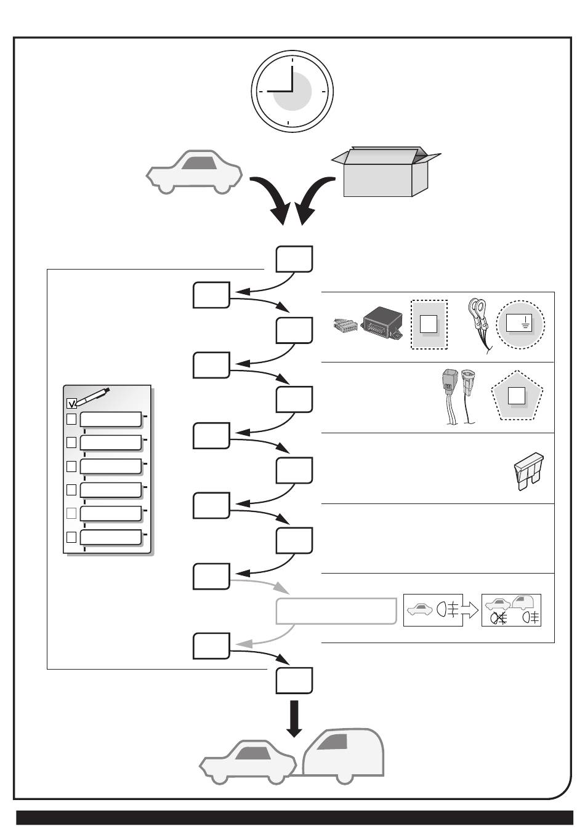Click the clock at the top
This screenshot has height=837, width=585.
click(292, 91)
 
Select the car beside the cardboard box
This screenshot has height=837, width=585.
click(194, 172)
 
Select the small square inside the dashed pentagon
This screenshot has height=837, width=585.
click(515, 396)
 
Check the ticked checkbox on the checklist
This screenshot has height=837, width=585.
click(71, 404)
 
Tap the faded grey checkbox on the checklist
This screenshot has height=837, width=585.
click(71, 513)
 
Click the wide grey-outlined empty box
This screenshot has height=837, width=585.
click(336, 611)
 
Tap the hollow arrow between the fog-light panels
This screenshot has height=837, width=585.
click(470, 610)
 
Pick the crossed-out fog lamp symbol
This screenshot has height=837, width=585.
click(498, 618)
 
